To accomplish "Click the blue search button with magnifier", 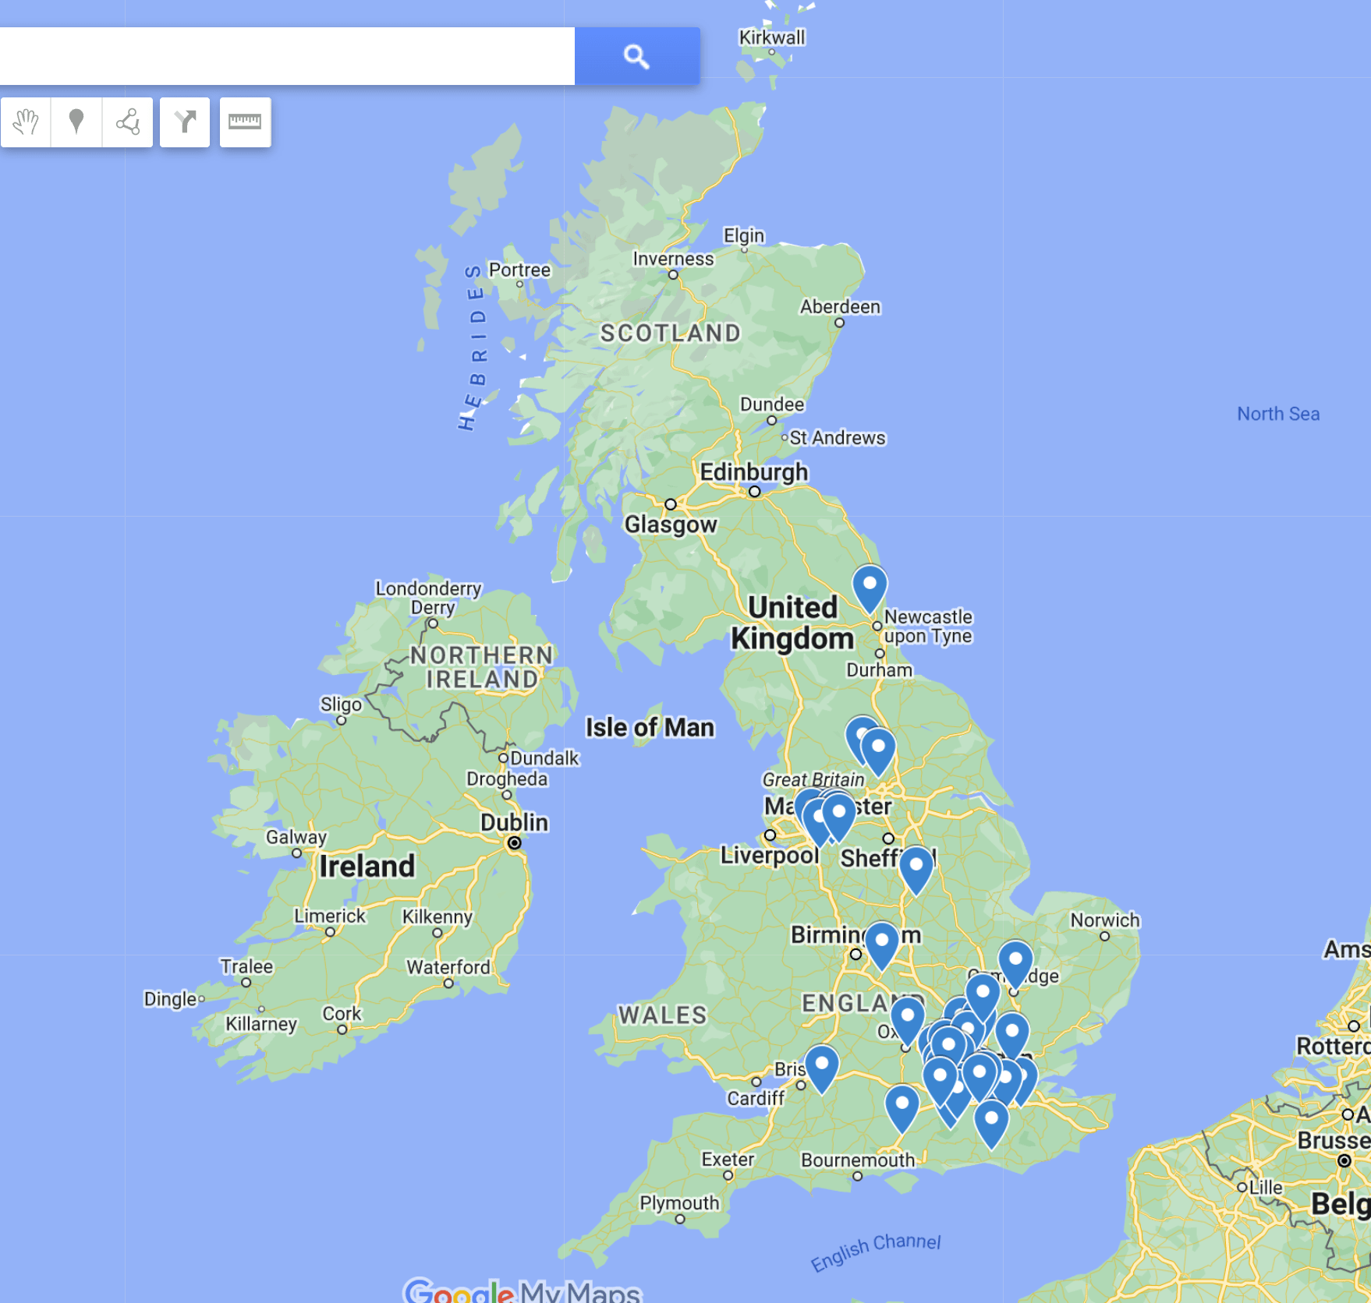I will tap(636, 56).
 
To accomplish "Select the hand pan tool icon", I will tap(26, 122).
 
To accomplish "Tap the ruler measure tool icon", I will tap(245, 122).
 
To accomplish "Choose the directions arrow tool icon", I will tap(185, 122).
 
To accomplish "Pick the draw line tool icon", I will tap(128, 122).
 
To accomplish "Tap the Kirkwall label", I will tap(771, 37).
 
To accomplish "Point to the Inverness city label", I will tap(673, 259).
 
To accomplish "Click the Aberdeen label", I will tap(840, 307).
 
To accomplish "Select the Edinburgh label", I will tap(753, 472).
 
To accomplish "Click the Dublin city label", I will tap(514, 822).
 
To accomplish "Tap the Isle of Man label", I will tap(650, 727).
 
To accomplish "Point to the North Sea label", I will tap(1277, 414).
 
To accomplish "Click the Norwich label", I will tap(1104, 920).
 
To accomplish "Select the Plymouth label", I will tap(679, 1202).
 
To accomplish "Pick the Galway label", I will tap(296, 837).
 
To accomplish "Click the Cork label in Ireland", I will tap(342, 1014).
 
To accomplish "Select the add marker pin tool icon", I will tap(76, 122).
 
